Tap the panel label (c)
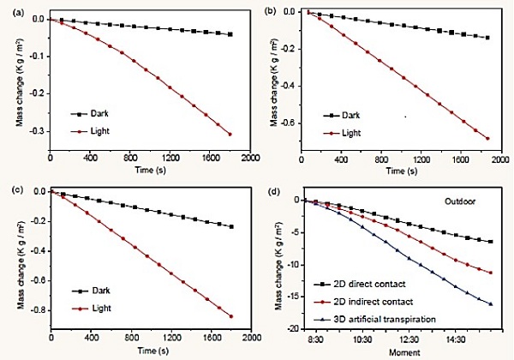8,183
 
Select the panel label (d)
272,189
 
